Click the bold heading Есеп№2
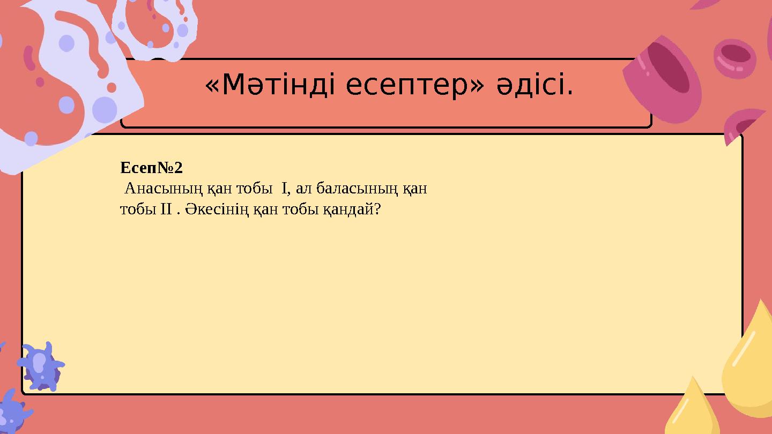(x=152, y=168)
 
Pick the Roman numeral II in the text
(x=165, y=209)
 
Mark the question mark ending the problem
(x=378, y=209)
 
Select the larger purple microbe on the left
(x=41, y=366)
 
